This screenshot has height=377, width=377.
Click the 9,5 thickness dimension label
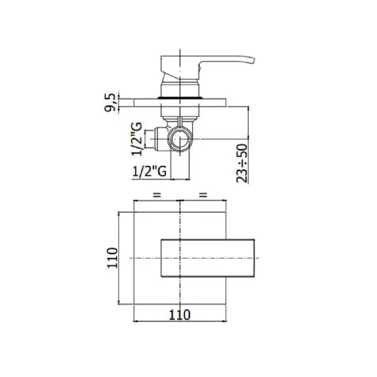[x=110, y=102]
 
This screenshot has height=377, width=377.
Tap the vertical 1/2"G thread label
[x=137, y=139]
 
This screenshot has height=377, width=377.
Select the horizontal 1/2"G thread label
[x=149, y=171]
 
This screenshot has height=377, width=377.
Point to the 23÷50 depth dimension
[x=242, y=163]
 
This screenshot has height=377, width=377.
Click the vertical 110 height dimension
[x=112, y=258]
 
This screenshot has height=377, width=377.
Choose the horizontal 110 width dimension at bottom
[x=179, y=314]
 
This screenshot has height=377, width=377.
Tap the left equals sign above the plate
[x=157, y=195]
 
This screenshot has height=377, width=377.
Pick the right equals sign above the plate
[x=203, y=195]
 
